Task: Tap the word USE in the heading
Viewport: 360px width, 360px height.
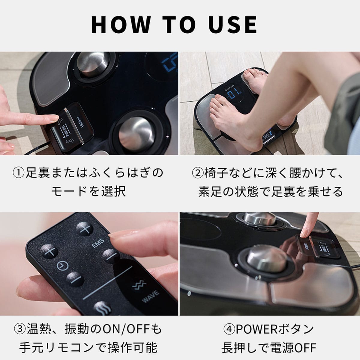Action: [x=232, y=25]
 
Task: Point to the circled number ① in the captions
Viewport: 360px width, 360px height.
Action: [x=19, y=173]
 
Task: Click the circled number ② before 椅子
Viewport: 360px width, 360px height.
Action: [x=198, y=173]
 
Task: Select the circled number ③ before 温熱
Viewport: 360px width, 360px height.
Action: [x=20, y=329]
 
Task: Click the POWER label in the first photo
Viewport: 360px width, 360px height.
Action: [x=80, y=122]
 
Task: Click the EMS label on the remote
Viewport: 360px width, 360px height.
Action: [x=98, y=243]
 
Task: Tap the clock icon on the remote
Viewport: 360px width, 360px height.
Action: [x=62, y=266]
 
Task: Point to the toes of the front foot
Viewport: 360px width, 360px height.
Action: [x=217, y=106]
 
